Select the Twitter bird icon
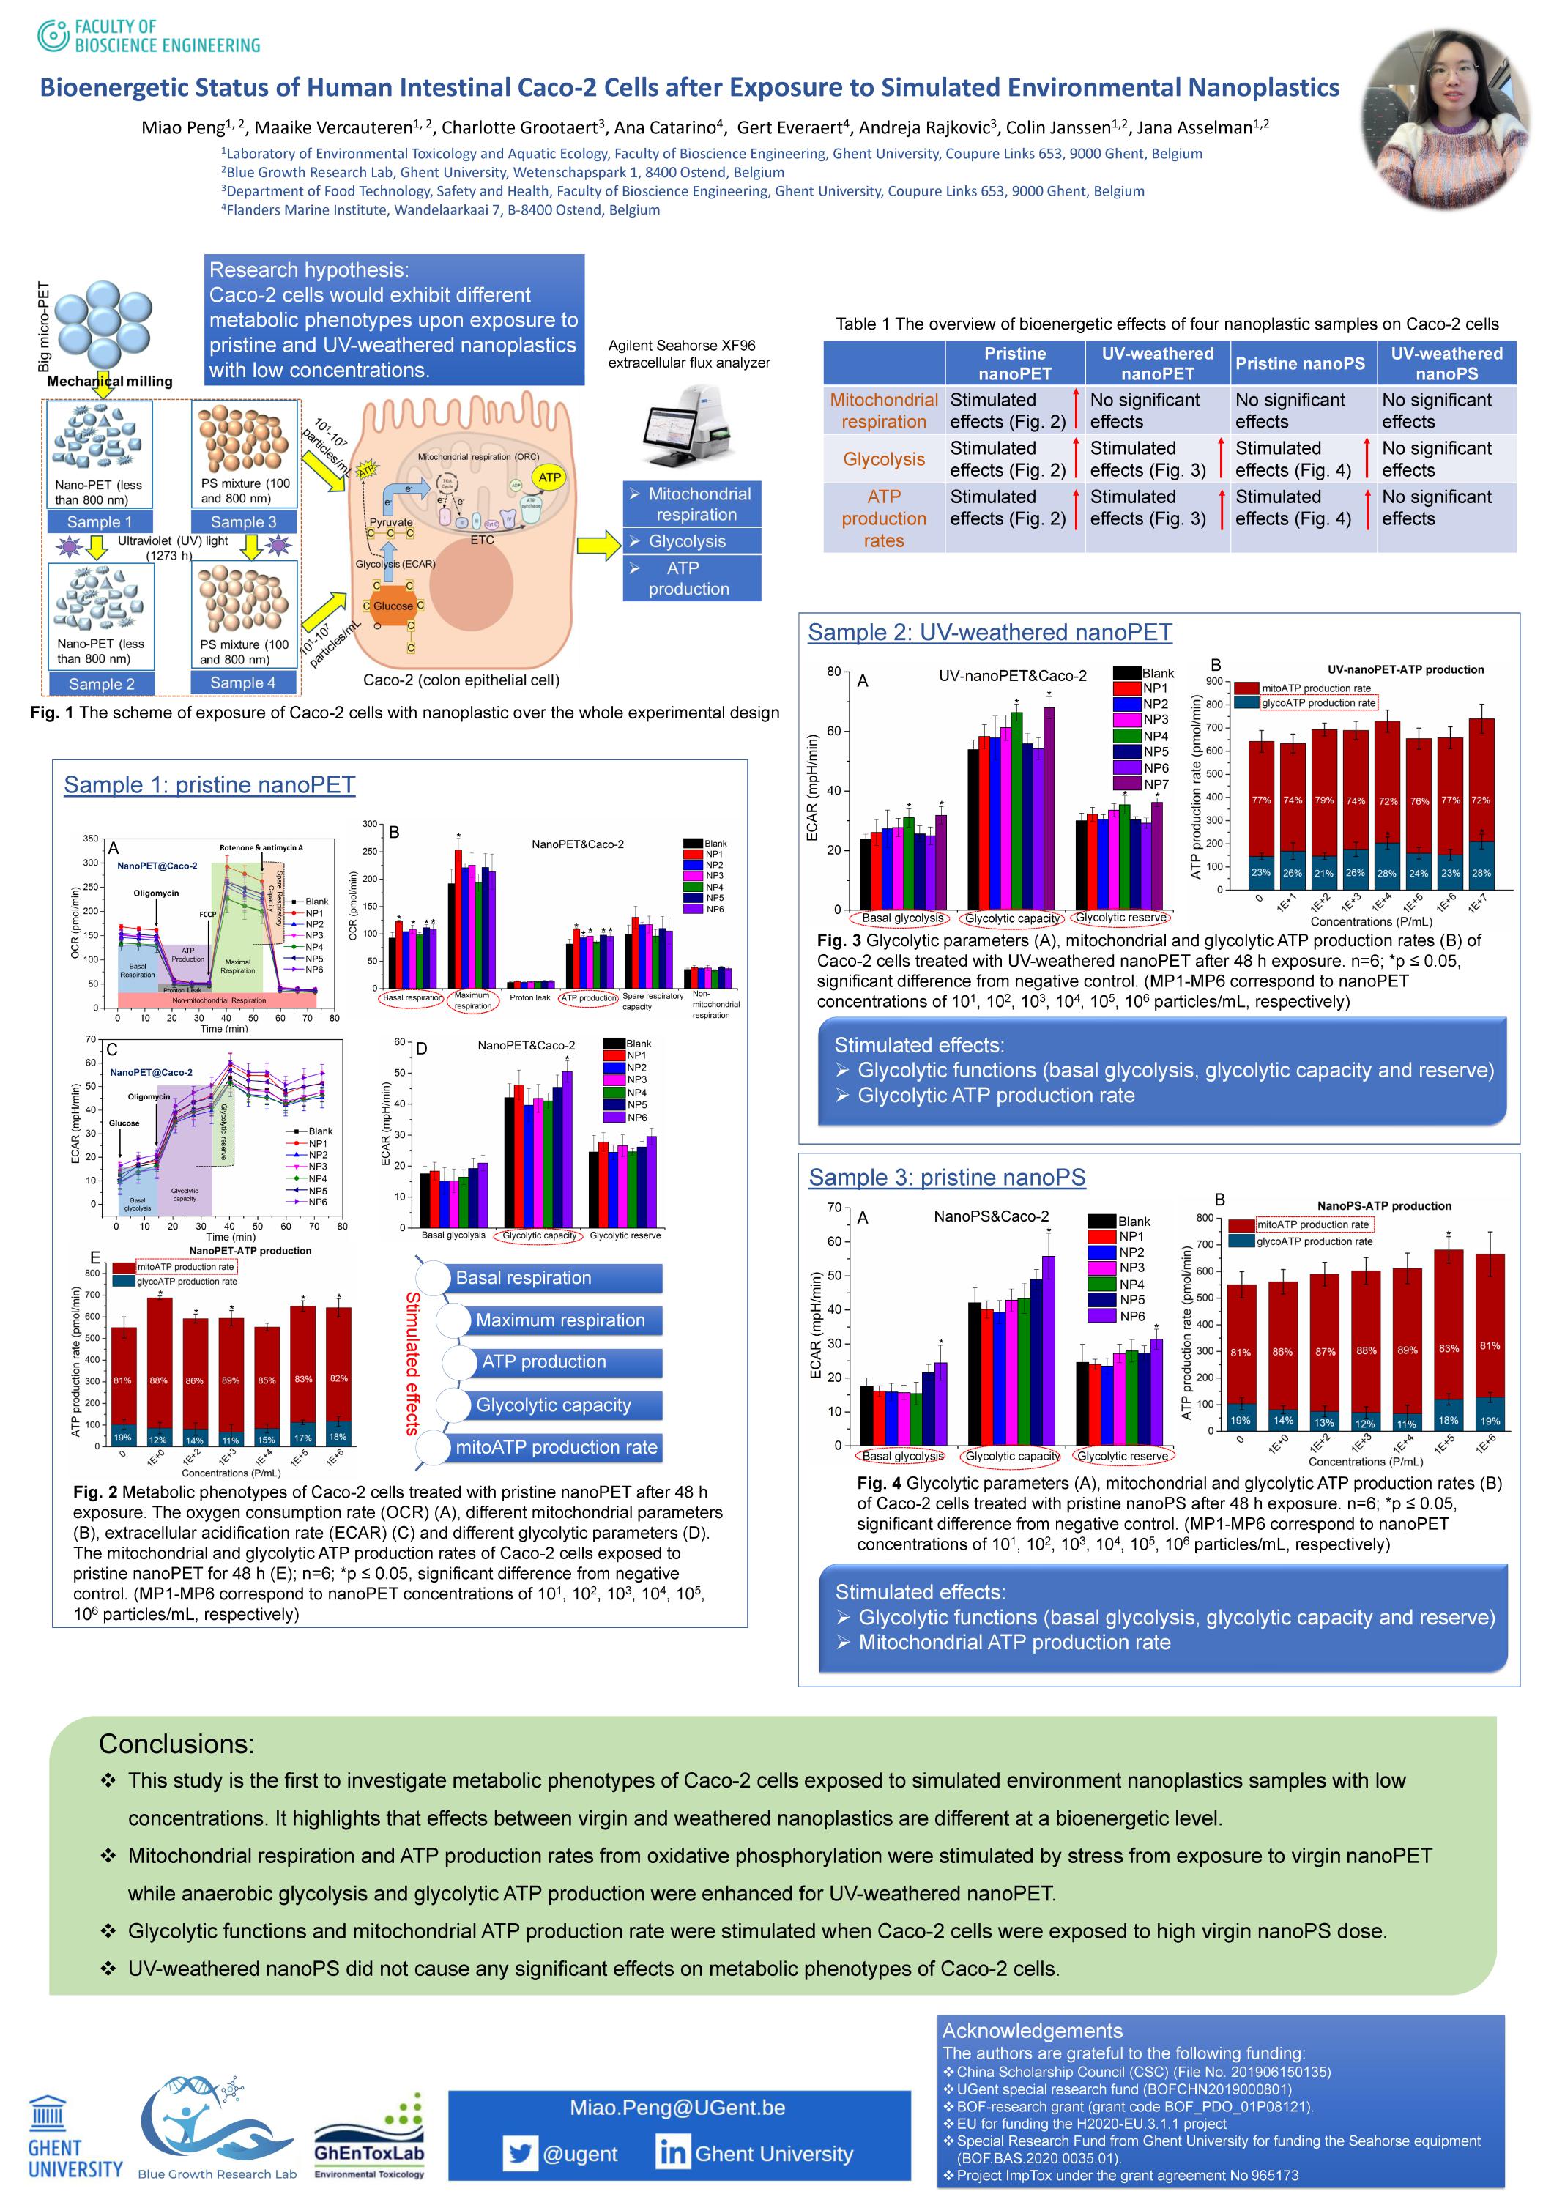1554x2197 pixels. (520, 2153)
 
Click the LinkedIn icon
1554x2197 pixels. (672, 2153)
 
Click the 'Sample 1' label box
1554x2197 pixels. (100, 521)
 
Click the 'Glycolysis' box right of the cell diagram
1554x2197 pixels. (691, 540)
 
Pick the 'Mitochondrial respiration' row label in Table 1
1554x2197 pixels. (883, 411)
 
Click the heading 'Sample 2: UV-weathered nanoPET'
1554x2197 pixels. (989, 633)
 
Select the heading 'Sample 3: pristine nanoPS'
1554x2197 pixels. (946, 1177)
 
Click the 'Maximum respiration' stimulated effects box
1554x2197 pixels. (559, 1320)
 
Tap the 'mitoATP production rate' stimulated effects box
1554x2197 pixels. (556, 1447)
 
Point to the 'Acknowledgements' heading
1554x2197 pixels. (1032, 2031)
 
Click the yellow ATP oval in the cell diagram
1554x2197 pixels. (549, 477)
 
